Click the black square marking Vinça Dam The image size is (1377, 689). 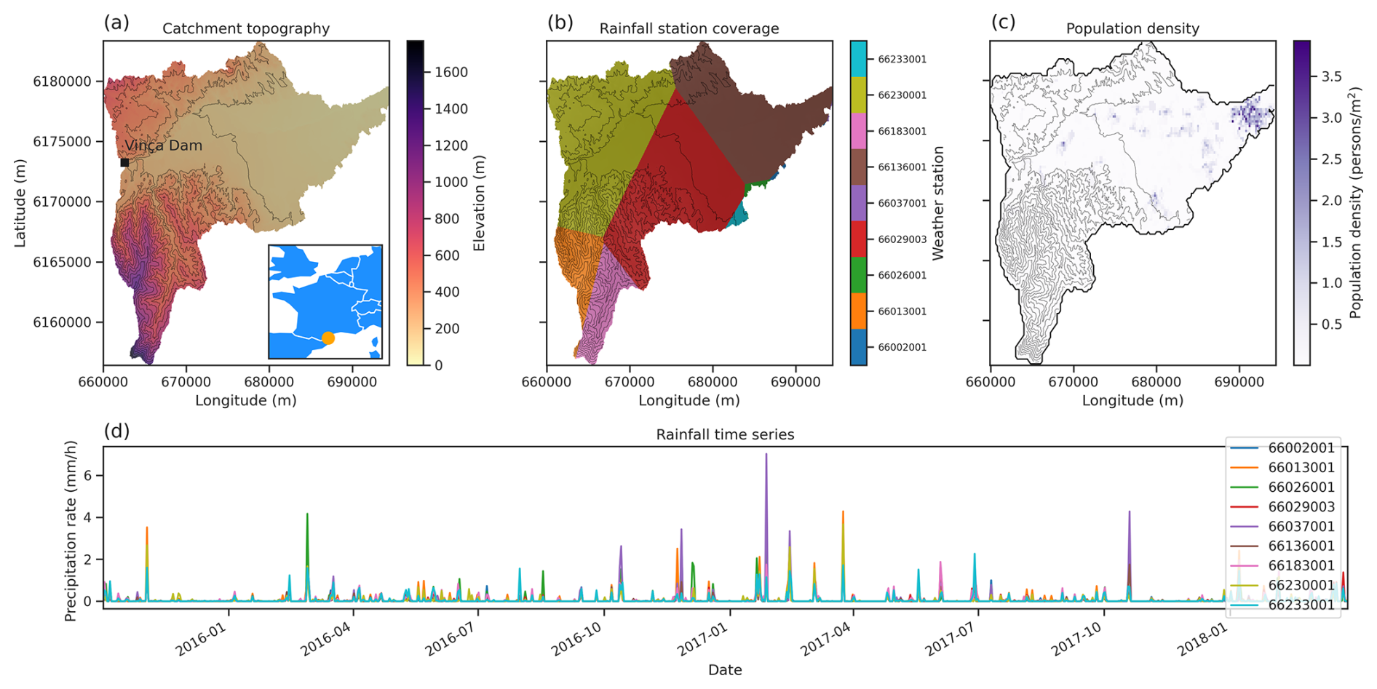tap(124, 162)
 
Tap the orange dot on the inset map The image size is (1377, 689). tap(328, 338)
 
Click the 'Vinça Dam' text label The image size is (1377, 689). tap(164, 146)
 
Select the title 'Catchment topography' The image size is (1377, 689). tap(246, 28)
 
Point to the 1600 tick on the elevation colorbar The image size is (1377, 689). tap(451, 72)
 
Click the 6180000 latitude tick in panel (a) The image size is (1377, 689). tap(63, 81)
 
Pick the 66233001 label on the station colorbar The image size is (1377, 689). tap(902, 60)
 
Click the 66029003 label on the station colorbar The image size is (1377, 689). tap(902, 239)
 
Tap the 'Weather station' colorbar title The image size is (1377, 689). tap(938, 203)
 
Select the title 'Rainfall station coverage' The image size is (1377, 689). tap(689, 28)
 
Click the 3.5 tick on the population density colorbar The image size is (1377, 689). tap(1332, 77)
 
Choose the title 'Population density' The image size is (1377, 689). tap(1132, 28)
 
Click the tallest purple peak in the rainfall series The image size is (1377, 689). tap(766, 455)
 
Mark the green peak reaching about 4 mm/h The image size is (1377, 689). tap(307, 515)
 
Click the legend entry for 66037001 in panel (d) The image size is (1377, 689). tap(1301, 526)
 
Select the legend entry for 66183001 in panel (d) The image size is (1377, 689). tap(1301, 565)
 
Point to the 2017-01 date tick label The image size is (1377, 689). tap(702, 640)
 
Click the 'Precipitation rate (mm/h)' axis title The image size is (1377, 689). tap(71, 531)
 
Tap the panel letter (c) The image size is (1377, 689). tap(1003, 23)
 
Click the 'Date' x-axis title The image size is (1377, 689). tap(725, 670)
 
